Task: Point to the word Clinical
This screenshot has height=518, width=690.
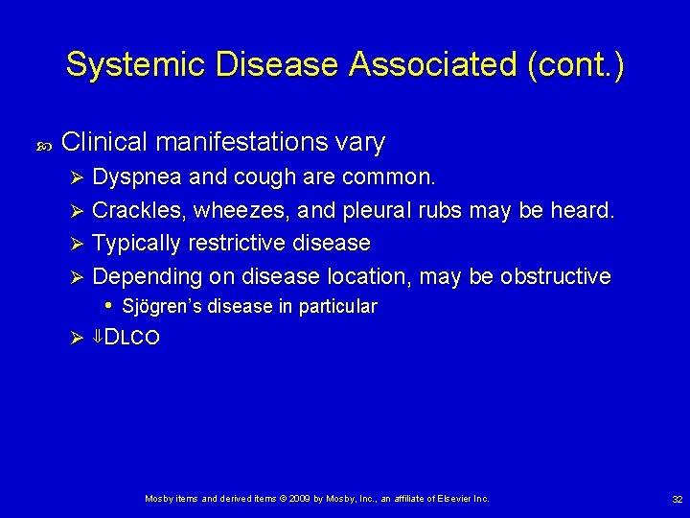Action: pyautogui.click(x=103, y=143)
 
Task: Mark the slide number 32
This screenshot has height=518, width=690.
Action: pyautogui.click(x=677, y=499)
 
